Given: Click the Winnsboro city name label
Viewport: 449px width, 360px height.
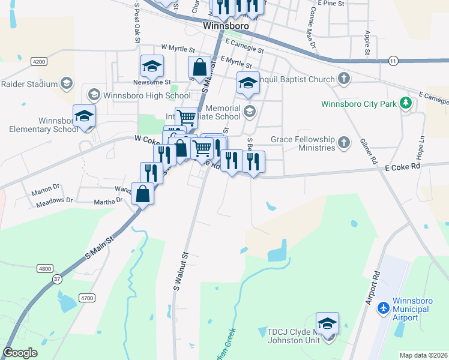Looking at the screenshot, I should tap(226, 26).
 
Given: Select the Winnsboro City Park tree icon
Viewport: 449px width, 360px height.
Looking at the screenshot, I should tap(406, 103).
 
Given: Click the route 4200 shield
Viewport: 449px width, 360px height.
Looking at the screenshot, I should tap(40, 62).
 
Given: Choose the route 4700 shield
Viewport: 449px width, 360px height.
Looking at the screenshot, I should tap(88, 298).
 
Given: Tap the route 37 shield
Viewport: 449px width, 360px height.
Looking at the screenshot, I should tap(57, 279).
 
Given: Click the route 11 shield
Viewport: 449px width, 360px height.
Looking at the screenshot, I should tap(393, 61).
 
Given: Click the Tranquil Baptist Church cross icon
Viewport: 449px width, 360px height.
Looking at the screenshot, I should tap(343, 79).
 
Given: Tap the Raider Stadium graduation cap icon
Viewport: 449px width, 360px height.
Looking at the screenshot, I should tap(67, 84).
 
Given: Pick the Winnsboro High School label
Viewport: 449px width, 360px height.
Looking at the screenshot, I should tap(146, 95).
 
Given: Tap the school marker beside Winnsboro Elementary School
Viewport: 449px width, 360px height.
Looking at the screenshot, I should tap(84, 116).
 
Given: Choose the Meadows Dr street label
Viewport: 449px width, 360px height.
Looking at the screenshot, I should tap(54, 200).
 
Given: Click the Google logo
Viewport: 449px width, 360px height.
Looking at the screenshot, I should tap(20, 353).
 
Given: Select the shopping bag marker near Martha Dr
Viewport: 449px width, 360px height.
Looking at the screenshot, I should tap(142, 194).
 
